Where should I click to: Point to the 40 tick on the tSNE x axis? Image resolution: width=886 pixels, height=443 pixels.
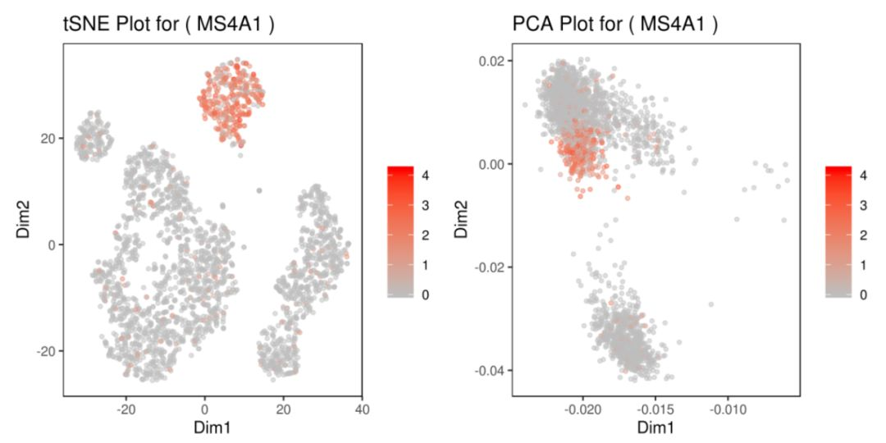[363, 408]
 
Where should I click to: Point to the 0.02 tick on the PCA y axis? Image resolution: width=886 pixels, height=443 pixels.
[491, 61]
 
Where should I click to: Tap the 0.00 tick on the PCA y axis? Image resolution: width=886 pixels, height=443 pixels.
[491, 164]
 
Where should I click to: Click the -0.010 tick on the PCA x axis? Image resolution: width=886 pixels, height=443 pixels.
[728, 408]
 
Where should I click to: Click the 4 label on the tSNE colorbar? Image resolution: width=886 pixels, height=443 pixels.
[426, 175]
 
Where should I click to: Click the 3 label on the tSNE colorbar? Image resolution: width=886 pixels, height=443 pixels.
[426, 205]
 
